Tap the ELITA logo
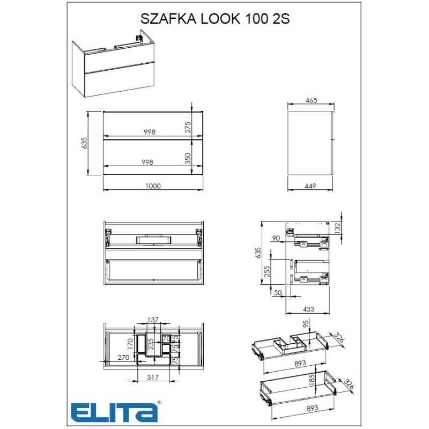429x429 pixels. coord(115,411)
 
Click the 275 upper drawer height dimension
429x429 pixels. coord(188,127)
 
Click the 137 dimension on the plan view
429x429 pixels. coord(153,320)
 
